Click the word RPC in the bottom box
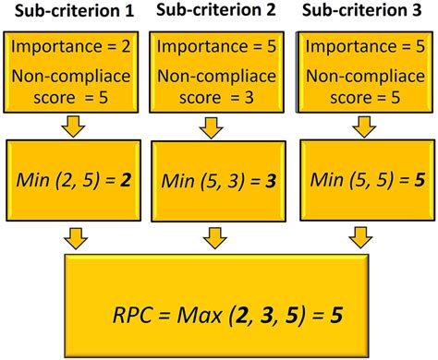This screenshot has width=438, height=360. click(136, 314)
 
